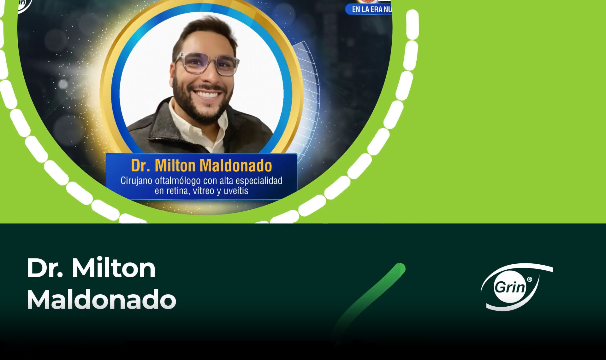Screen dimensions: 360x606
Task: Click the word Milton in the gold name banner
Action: tap(175, 165)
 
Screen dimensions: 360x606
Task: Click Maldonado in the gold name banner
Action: tap(236, 165)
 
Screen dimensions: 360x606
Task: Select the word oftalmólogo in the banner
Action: tap(178, 181)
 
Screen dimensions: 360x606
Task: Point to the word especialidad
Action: tap(259, 181)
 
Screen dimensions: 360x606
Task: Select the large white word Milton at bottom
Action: tap(114, 268)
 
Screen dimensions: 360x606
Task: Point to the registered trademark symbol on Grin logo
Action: tap(529, 279)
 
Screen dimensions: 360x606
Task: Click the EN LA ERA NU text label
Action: tap(371, 9)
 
